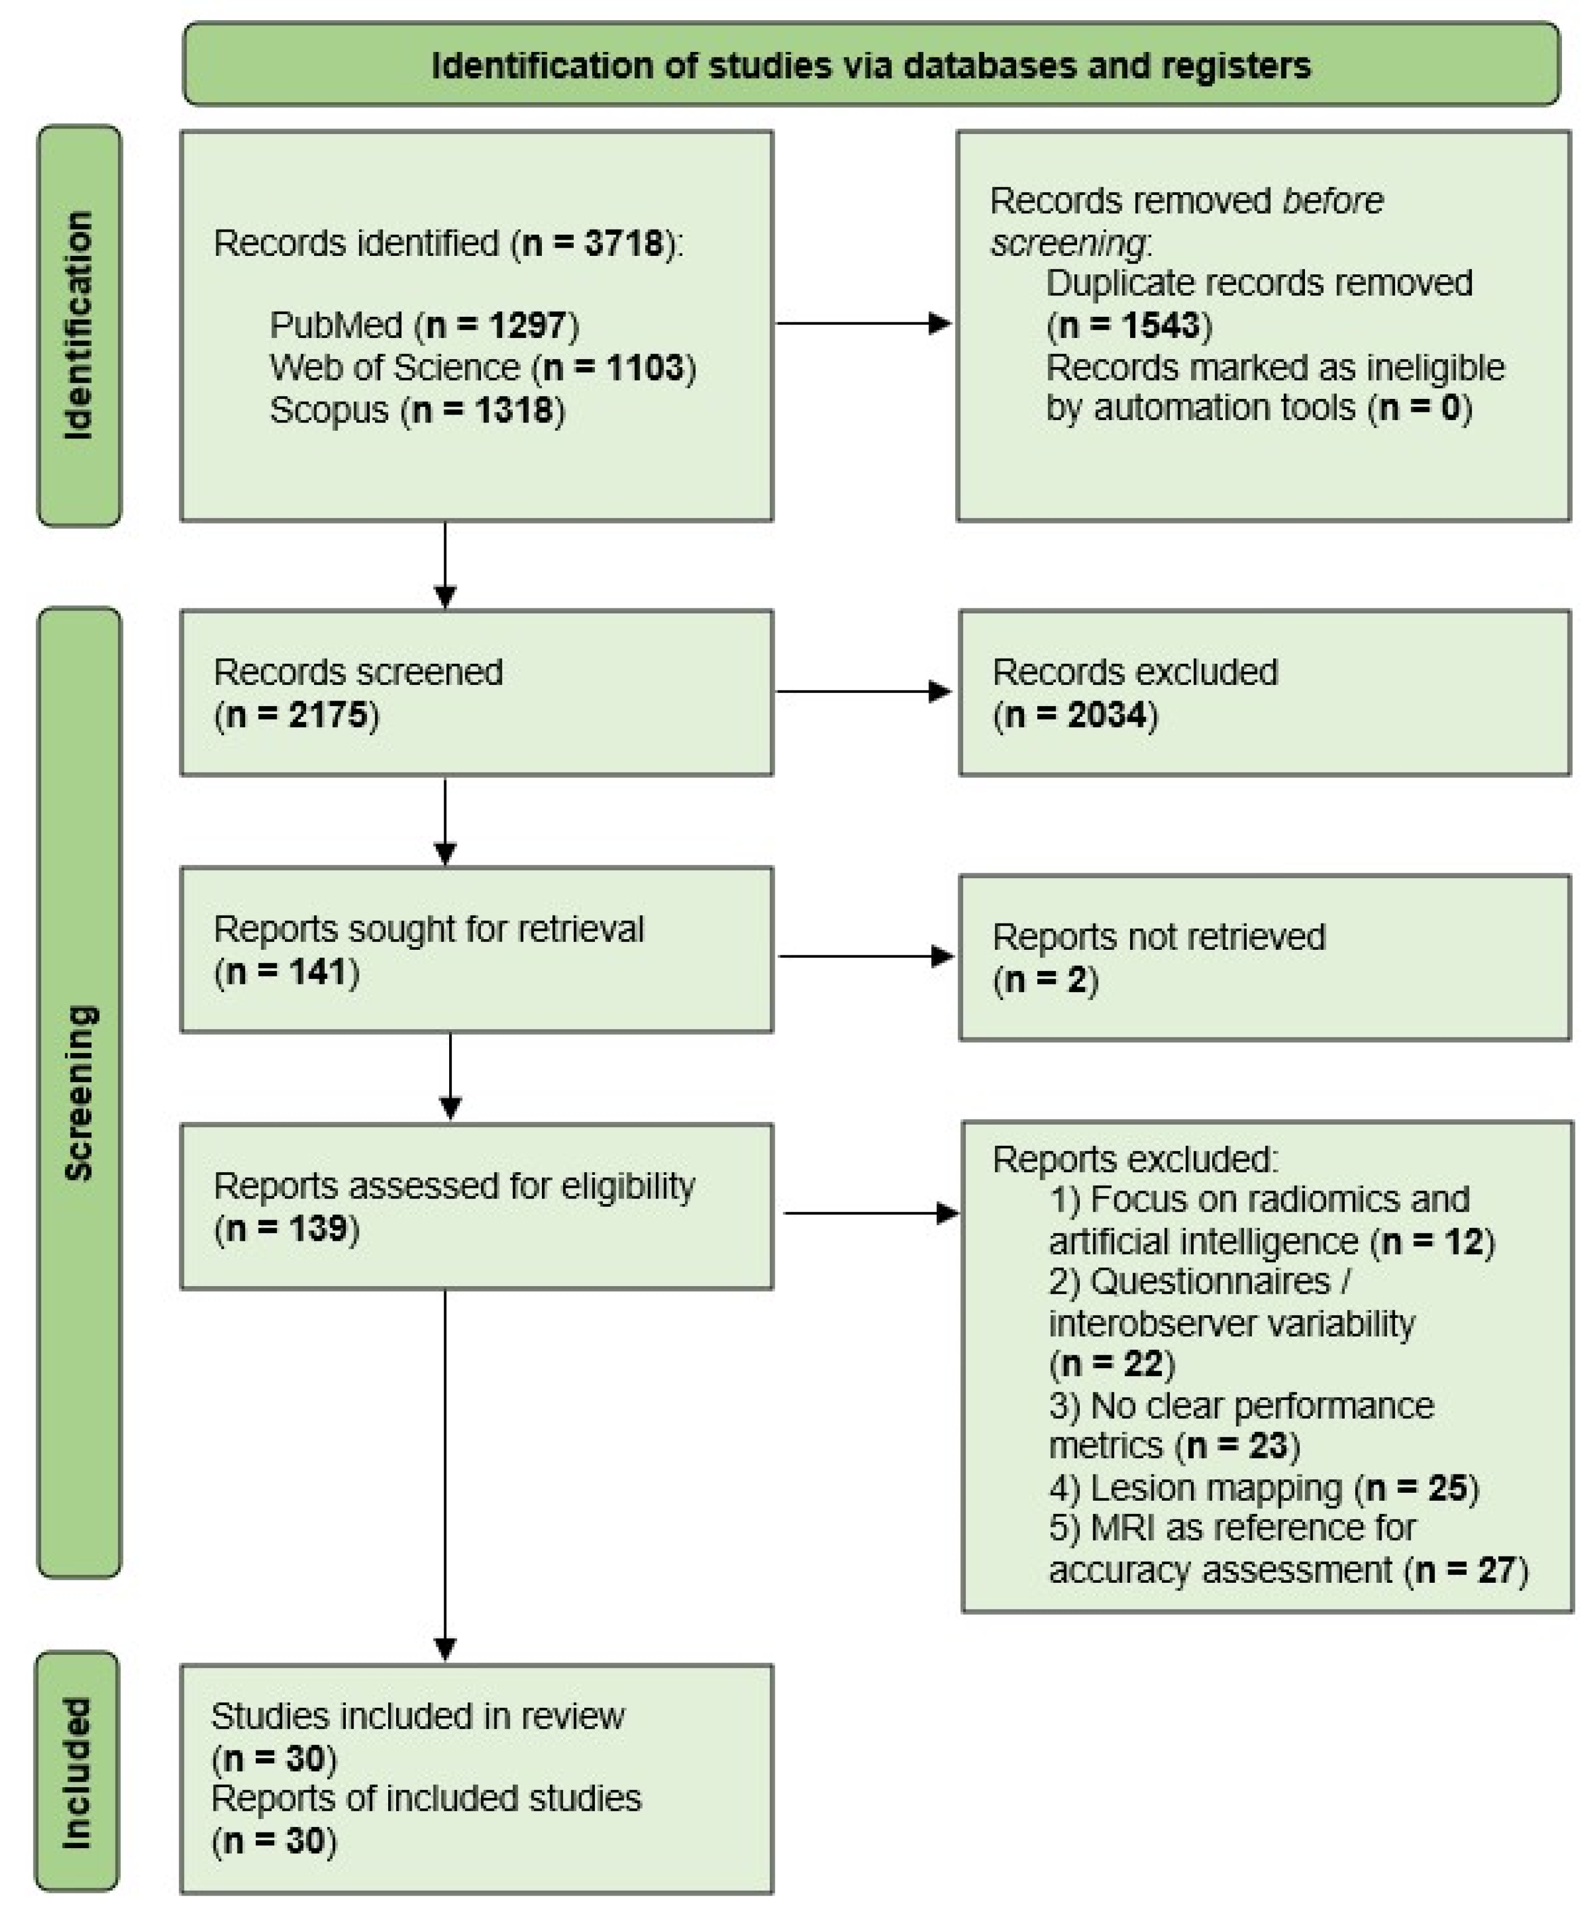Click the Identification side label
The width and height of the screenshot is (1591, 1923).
pyautogui.click(x=79, y=325)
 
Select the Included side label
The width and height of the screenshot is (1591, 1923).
pyautogui.click(x=77, y=1772)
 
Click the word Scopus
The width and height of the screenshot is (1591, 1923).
pyautogui.click(x=328, y=410)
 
